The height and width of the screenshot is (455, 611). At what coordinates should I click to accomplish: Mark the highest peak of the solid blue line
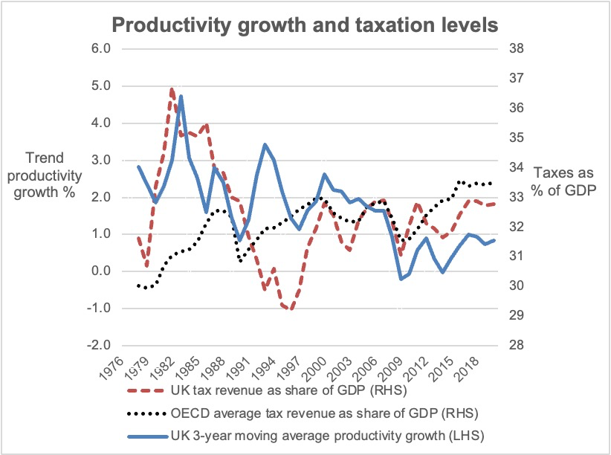point(181,96)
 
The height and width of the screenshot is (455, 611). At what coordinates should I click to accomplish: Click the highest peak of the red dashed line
point(172,88)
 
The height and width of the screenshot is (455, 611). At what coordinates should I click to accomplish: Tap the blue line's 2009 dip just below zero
point(401,279)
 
